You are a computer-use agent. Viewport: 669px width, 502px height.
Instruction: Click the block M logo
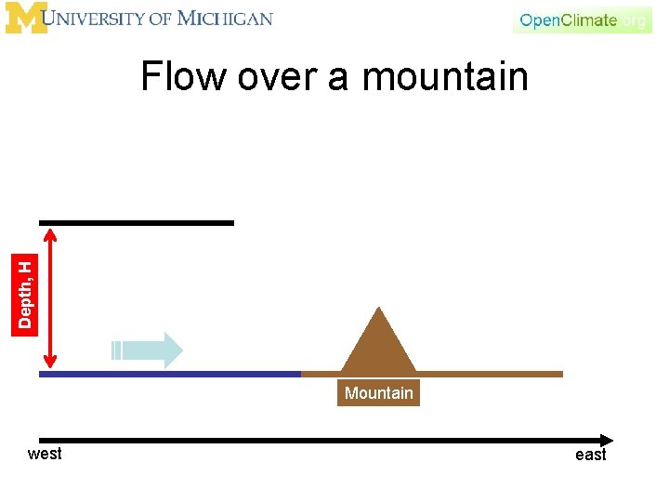pos(25,18)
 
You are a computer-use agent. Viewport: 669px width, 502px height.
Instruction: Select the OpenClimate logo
pos(582,20)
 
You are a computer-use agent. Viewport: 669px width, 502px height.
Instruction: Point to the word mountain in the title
pos(445,76)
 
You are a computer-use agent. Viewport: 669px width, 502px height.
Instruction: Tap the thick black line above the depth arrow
pos(137,223)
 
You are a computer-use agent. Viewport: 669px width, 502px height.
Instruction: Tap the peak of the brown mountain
pos(378,309)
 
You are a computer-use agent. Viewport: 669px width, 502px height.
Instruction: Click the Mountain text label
pos(378,393)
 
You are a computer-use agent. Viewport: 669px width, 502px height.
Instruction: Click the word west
pos(45,454)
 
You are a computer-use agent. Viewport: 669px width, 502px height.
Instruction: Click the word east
pos(590,455)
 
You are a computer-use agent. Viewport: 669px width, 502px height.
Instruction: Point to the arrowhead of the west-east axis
pos(607,440)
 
